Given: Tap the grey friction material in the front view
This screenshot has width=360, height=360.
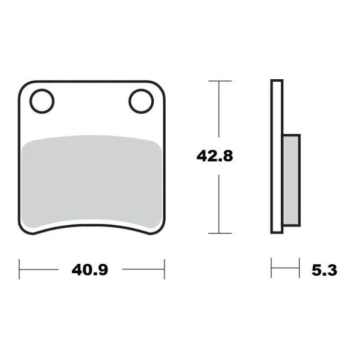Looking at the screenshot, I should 93,180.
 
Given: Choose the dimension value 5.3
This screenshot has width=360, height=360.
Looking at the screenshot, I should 325,269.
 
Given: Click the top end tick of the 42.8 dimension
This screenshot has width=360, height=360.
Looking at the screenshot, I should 220,81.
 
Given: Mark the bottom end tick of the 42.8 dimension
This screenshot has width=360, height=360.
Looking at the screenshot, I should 220,233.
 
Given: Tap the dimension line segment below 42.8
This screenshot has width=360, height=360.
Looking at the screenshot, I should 220,203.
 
